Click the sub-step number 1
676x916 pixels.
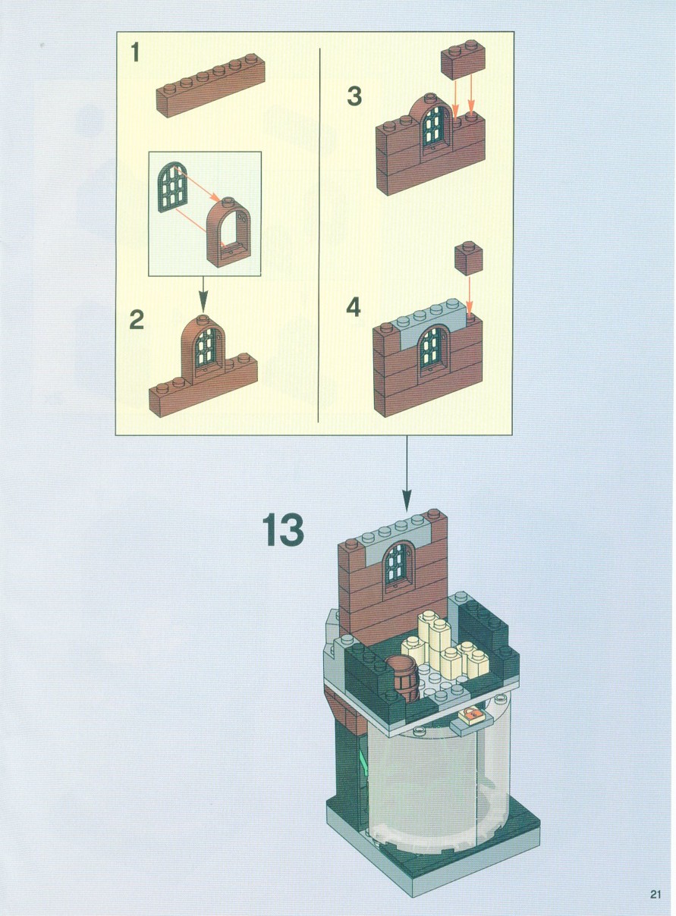pos(135,53)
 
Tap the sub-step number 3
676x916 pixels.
pos(354,97)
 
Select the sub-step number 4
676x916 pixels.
pos(354,307)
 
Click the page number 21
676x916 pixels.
pos(655,892)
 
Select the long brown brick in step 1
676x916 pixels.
pos(210,86)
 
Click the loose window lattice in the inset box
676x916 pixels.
pos(173,187)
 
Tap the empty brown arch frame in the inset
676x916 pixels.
pos(228,232)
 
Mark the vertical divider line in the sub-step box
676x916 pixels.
pos(319,235)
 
